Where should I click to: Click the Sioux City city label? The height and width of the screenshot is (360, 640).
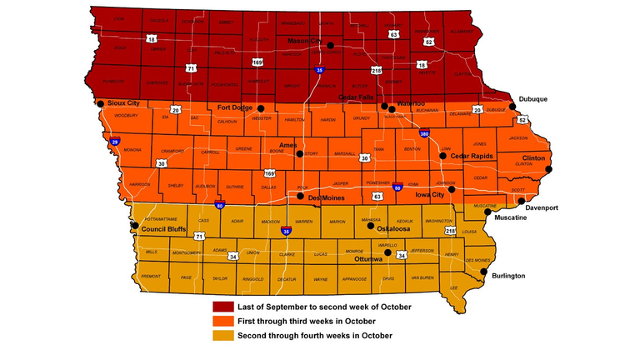tap(124, 103)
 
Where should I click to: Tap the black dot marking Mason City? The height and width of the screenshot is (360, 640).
tap(332, 46)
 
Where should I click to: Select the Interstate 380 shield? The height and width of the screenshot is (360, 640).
tap(425, 133)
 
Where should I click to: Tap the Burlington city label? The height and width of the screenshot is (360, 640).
tap(509, 275)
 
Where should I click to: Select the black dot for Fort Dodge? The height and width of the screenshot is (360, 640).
tap(261, 108)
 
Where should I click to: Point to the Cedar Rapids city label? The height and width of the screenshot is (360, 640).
tap(472, 156)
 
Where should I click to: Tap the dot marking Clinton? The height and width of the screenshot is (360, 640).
tap(550, 169)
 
